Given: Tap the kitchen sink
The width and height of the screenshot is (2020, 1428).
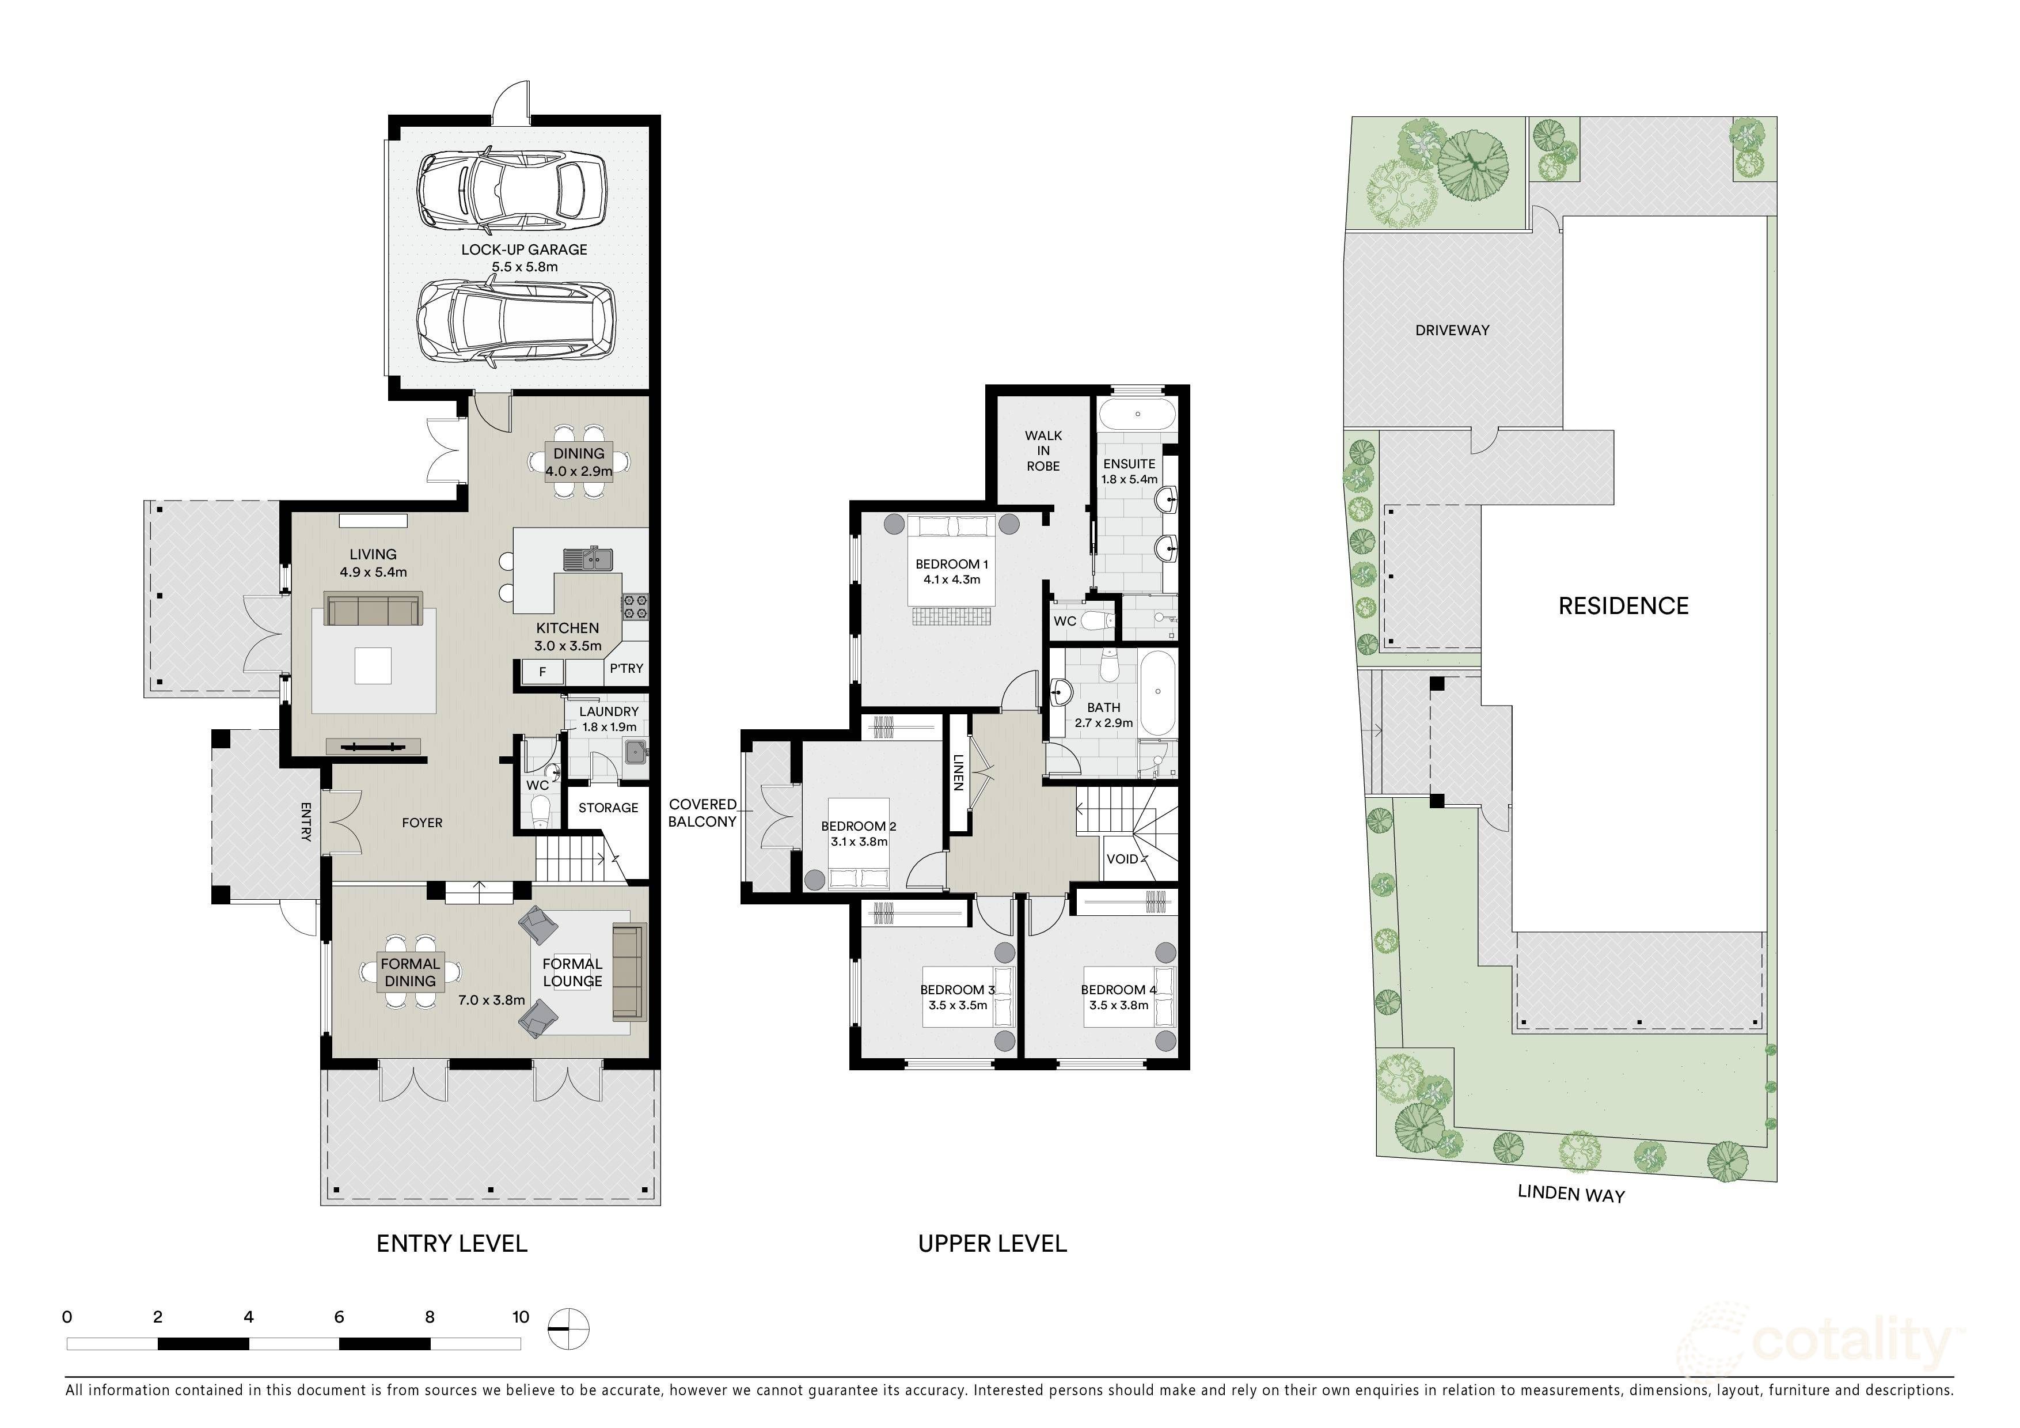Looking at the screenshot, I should coord(588,558).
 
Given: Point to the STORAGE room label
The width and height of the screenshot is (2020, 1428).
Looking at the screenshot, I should coord(608,808).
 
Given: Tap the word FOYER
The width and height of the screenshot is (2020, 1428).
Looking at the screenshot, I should coord(422,823).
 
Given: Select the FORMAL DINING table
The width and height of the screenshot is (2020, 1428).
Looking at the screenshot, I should coord(410,972).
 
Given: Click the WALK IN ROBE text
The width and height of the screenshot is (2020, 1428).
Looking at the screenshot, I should coord(1043,450).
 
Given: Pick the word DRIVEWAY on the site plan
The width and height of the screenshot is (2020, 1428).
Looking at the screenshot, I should coord(1453,330).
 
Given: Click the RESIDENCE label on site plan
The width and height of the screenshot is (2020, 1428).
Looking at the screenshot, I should coord(1623,605).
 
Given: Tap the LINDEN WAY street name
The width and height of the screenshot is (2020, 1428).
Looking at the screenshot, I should coord(1571,1194).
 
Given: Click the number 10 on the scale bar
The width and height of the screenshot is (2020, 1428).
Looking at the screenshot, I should coord(521,1317).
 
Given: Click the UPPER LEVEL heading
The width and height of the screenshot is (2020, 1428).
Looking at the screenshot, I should coord(992,1243).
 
